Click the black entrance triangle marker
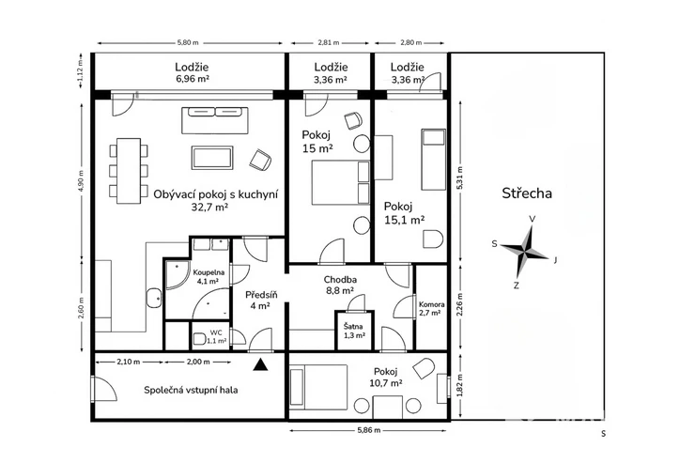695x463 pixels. [261, 364]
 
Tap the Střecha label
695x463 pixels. [527, 193]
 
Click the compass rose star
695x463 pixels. [526, 252]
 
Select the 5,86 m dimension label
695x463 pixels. [368, 430]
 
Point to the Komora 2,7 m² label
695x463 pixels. [431, 308]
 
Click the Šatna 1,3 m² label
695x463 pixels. [354, 331]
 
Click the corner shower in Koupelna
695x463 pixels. [178, 275]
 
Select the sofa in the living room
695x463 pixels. [215, 119]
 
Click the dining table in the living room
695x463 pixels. [129, 171]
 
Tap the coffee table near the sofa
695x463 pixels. [212, 158]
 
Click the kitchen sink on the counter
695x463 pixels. [154, 298]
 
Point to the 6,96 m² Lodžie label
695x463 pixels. [192, 72]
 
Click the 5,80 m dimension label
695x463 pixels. [188, 43]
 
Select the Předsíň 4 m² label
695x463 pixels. [261, 300]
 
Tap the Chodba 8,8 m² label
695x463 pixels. [340, 285]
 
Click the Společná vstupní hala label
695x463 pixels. [191, 390]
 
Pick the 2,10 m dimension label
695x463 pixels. [128, 362]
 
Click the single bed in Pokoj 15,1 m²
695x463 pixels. [433, 160]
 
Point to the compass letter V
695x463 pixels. [533, 219]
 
